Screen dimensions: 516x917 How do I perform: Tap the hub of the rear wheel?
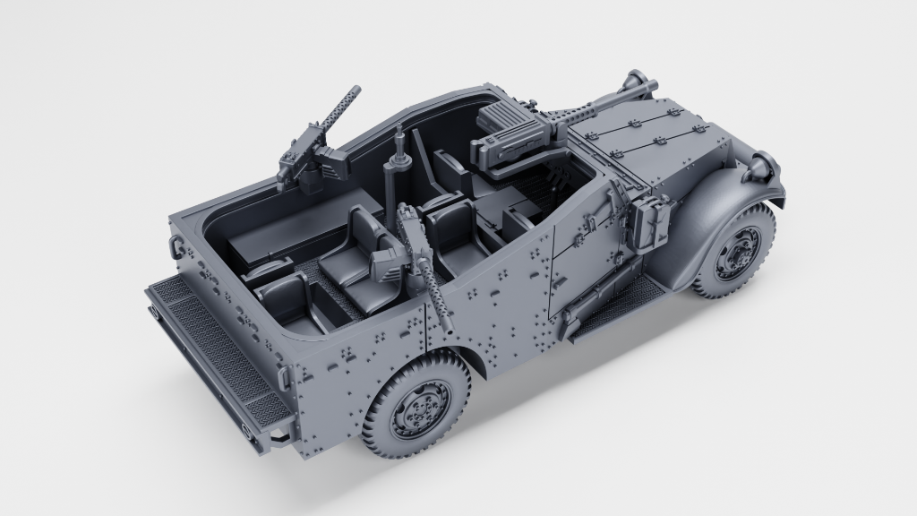pyautogui.click(x=420, y=409)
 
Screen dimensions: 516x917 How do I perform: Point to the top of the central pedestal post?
pyautogui.click(x=399, y=134)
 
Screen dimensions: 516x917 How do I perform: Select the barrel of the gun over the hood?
pyautogui.click(x=609, y=99)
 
